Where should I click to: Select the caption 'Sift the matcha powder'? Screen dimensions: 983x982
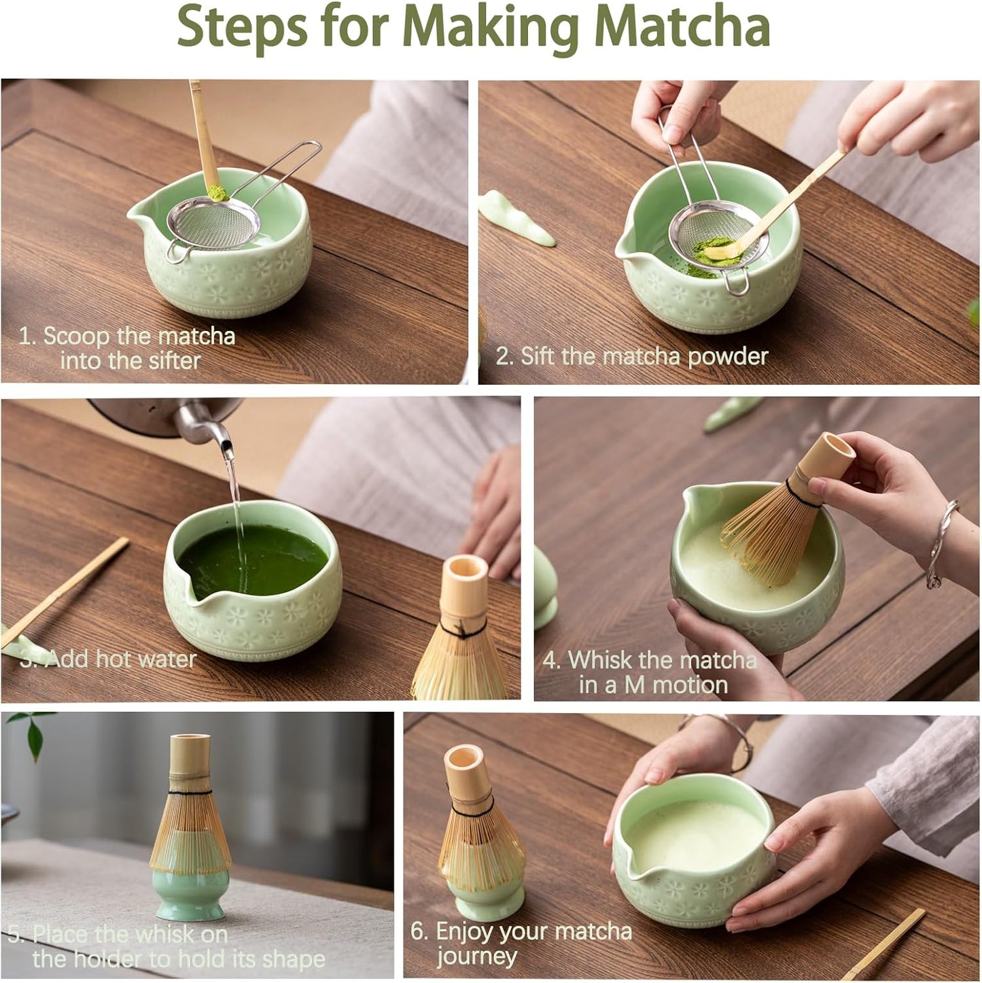click(632, 356)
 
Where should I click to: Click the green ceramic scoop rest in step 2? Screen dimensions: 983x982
click(516, 218)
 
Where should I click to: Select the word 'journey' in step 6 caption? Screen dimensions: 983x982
click(476, 956)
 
